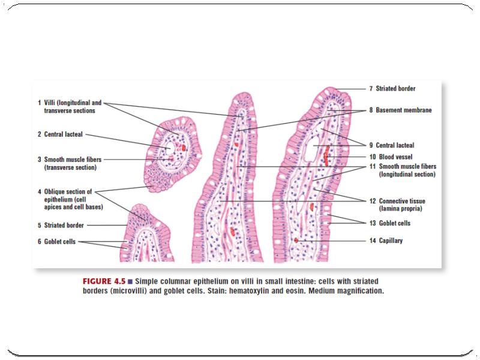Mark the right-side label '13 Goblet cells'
pos(393,223)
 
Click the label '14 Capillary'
pos(390,241)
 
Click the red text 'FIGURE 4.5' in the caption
pos(103,281)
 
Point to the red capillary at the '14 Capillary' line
pos(296,241)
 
